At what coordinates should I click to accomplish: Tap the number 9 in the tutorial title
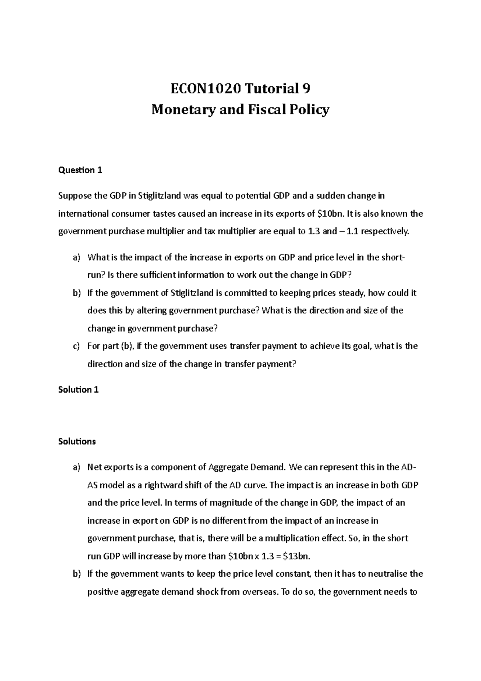306,89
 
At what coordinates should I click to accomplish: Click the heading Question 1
80,170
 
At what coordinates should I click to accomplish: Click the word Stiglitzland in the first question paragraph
160,196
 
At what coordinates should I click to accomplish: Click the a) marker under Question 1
77,257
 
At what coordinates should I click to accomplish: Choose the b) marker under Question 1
77,293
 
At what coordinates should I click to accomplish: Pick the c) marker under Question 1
77,346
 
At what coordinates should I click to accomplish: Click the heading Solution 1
79,389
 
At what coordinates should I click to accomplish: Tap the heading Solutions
77,442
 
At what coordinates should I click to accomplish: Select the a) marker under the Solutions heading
77,467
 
